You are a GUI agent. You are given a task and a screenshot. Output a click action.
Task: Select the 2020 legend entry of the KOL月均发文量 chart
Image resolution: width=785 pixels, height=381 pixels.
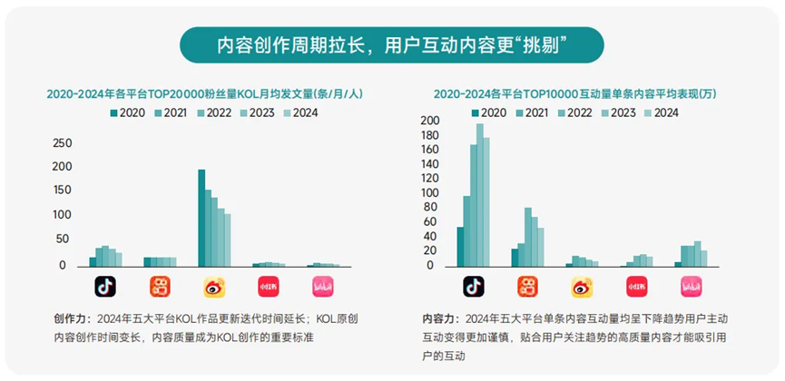coord(127,113)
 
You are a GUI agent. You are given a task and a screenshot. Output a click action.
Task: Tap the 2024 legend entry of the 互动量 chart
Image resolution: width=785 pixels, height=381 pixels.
coord(661,113)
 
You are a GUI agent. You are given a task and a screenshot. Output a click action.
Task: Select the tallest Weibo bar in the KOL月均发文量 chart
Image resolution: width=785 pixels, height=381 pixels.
coord(201,218)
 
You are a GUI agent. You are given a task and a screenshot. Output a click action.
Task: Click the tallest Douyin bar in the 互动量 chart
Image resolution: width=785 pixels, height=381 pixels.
coord(480,196)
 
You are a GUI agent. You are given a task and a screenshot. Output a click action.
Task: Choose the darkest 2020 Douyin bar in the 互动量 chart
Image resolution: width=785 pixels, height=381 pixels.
coord(460,247)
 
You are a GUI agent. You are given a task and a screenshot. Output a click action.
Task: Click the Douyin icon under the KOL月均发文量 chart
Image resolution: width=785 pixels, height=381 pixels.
coord(106,288)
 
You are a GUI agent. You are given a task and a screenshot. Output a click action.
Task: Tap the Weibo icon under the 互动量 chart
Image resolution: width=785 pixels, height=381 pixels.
coord(582,288)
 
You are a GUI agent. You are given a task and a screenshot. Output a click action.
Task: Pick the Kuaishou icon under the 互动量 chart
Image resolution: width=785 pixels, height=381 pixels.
coord(527,288)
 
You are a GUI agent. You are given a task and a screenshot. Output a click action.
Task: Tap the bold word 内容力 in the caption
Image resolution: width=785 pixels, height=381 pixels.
coord(439,319)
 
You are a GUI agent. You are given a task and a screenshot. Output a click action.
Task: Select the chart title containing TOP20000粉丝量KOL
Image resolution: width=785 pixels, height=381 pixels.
coord(199,93)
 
